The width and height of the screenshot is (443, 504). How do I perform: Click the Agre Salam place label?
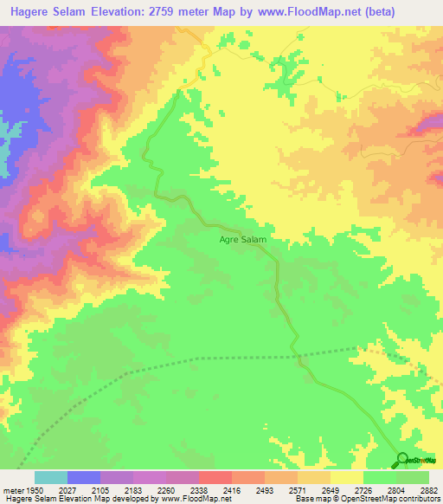[x=241, y=238]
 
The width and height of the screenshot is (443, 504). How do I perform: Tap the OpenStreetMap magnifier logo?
[x=402, y=460]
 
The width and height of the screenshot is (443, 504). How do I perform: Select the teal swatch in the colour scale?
[x=51, y=477]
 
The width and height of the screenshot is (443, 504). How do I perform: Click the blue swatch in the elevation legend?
[x=84, y=477]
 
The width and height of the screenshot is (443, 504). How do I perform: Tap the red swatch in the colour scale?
[x=215, y=477]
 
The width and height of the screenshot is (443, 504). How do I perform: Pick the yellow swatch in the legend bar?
[x=347, y=477]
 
